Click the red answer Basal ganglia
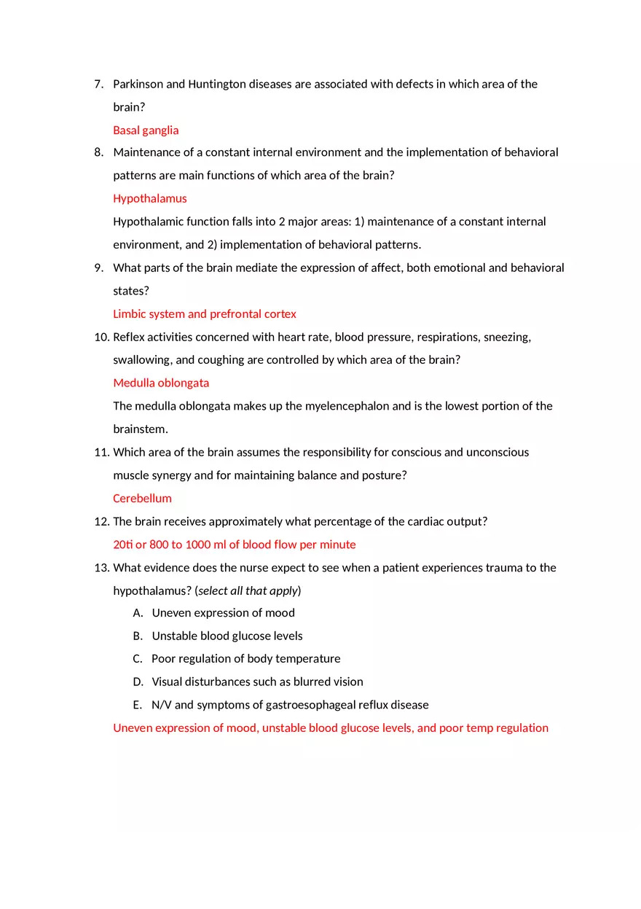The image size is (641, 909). [146, 130]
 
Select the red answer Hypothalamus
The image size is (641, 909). [150, 198]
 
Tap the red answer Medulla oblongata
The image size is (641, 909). [161, 383]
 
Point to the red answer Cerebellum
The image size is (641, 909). [142, 499]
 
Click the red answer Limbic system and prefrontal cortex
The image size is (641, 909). [205, 314]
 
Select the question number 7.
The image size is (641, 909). [98, 85]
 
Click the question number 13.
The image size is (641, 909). [101, 568]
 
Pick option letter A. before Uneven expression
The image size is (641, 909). [138, 613]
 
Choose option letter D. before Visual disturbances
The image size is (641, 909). [138, 682]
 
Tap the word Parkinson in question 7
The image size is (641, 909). [138, 85]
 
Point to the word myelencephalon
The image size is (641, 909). [347, 406]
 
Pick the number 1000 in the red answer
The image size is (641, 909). [198, 545]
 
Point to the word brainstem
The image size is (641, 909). [139, 429]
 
